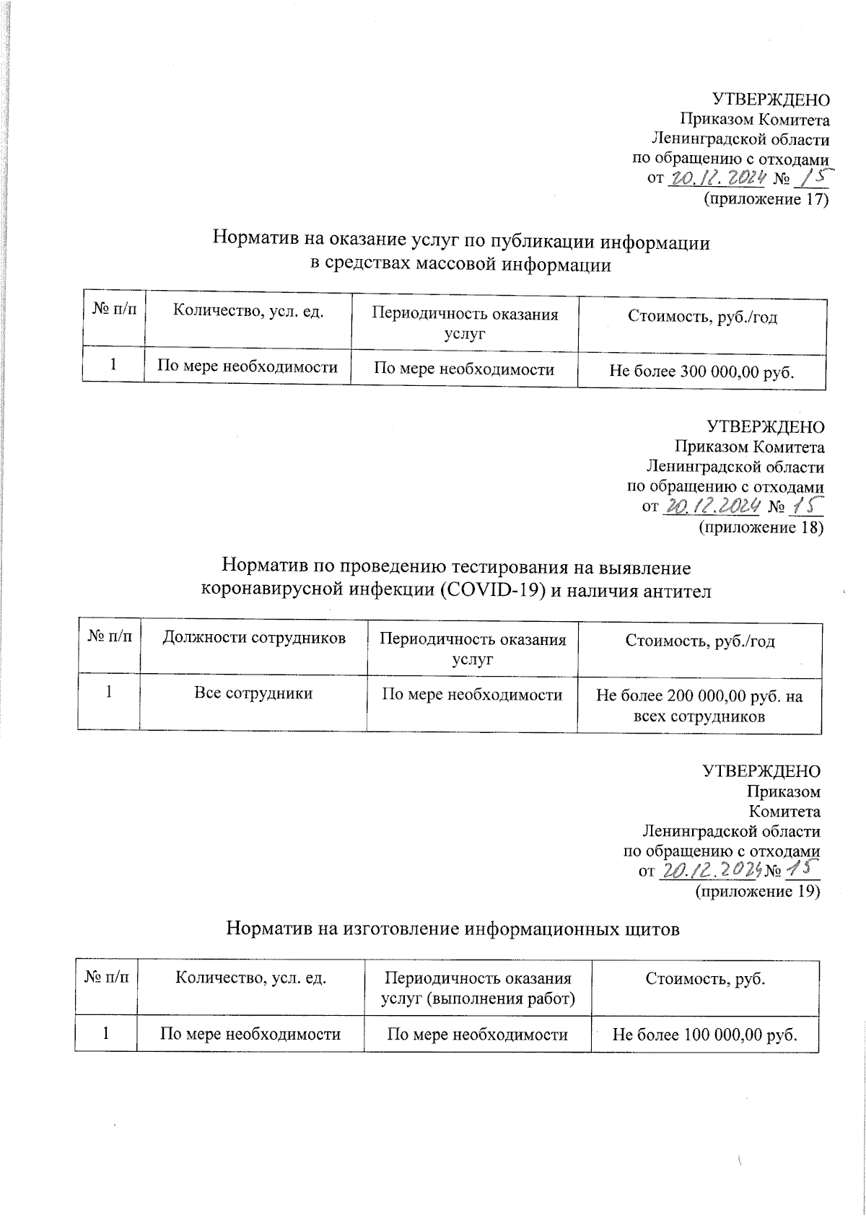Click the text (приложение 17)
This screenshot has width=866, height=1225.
[x=766, y=200]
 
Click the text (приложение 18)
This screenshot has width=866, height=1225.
[x=761, y=528]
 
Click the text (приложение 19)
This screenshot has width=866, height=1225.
[x=757, y=892]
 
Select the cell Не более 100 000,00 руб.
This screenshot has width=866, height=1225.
[x=704, y=1035]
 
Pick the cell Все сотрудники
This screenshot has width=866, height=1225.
[x=253, y=694]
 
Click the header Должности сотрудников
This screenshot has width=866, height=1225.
[x=253, y=638]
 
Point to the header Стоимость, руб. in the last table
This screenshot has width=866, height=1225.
[x=704, y=979]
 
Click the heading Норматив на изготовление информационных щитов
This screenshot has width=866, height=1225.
[x=453, y=929]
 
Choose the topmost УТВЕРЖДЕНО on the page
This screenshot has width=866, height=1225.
[x=771, y=100]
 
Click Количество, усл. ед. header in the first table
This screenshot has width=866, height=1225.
[x=248, y=312]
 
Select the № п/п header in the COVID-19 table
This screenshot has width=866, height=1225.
[x=110, y=638]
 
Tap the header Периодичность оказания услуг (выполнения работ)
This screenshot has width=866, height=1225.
[x=477, y=988]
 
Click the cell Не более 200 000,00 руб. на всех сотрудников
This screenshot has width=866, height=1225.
[x=699, y=706]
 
